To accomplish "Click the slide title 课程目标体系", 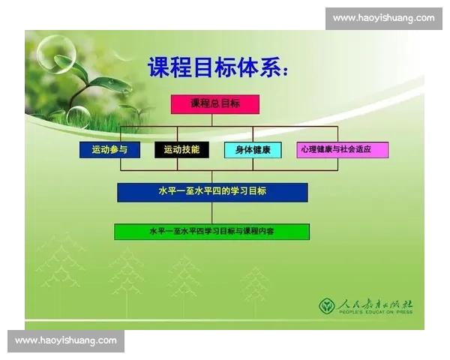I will tap(217, 69).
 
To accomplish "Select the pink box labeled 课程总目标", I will tap(215, 104).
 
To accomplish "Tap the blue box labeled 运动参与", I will tap(109, 150).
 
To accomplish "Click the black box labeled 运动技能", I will tap(181, 150).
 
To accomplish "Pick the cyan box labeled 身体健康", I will tap(253, 150).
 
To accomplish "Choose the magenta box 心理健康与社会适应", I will tap(342, 150).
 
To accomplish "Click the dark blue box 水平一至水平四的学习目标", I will tap(212, 192).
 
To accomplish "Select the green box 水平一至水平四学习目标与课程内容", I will tap(211, 232).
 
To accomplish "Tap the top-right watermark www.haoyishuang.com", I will tap(383, 18).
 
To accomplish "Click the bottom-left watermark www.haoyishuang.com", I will tap(66, 340).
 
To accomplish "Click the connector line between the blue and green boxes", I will tap(212, 213).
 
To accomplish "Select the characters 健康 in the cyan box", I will tap(261, 150).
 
